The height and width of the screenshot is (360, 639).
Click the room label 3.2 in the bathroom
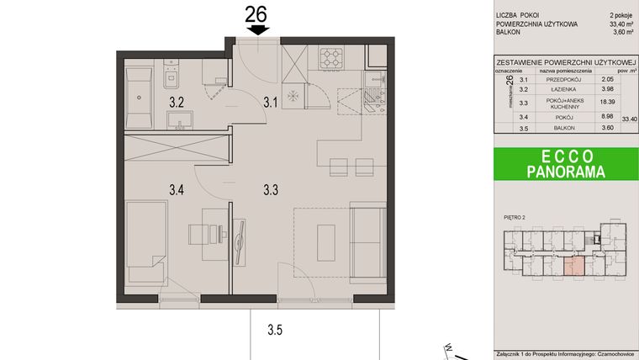(177, 103)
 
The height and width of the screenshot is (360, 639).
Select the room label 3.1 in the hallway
(270, 103)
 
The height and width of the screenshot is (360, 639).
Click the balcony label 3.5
(275, 329)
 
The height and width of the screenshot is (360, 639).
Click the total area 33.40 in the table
(629, 120)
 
